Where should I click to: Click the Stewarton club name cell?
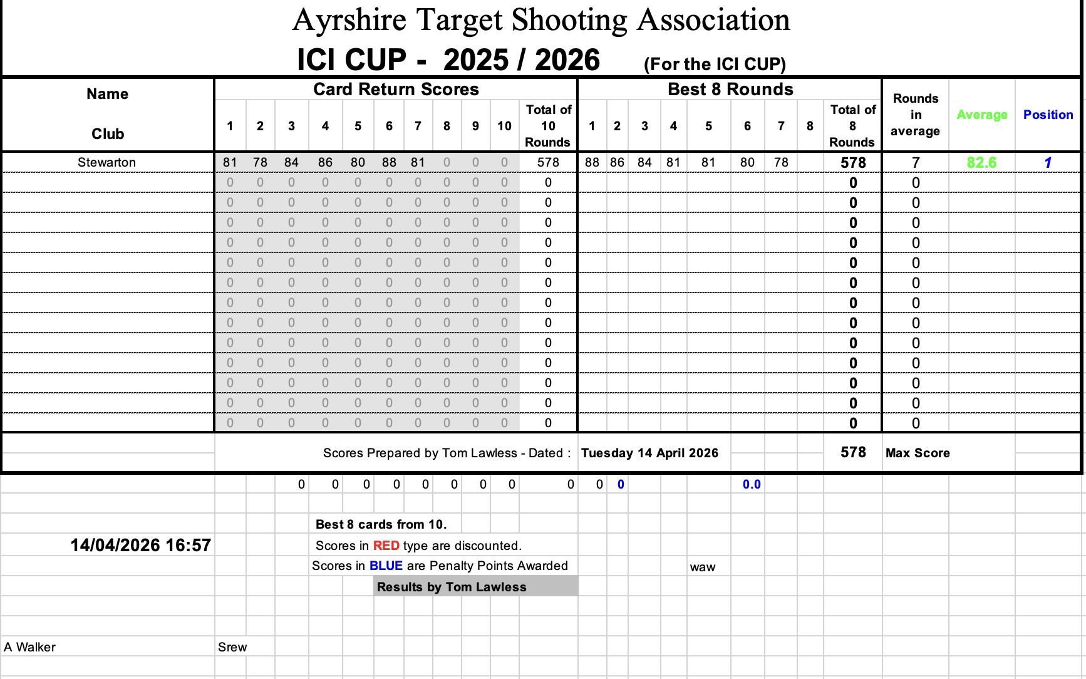[x=106, y=162]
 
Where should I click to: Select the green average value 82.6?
[x=981, y=162]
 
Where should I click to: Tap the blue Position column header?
[x=1048, y=115]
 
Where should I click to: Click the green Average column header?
[x=981, y=115]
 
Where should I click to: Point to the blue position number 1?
[x=1048, y=162]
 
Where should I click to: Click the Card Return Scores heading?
[x=396, y=89]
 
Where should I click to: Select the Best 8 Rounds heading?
[x=730, y=89]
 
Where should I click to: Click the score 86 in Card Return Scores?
[x=325, y=162]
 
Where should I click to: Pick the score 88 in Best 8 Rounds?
[x=592, y=162]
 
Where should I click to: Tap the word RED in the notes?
[x=386, y=546]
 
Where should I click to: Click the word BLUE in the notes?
[x=386, y=566]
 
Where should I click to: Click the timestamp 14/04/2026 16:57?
[x=140, y=545]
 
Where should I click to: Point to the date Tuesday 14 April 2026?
[x=649, y=453]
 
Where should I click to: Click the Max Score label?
[x=918, y=453]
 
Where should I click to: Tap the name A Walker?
[x=30, y=647]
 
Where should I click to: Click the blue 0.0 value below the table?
[x=752, y=484]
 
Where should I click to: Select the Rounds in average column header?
[x=915, y=115]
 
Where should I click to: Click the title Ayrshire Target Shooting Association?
[x=541, y=20]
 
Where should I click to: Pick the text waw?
[x=702, y=567]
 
